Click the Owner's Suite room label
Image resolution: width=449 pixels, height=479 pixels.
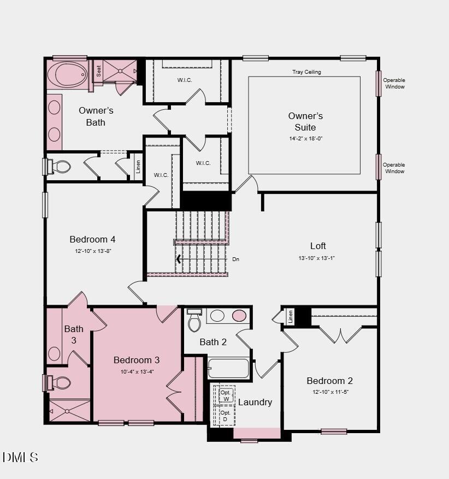click(305, 121)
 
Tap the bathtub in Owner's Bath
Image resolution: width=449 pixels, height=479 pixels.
click(68, 74)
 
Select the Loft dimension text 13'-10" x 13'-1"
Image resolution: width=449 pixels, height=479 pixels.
click(316, 258)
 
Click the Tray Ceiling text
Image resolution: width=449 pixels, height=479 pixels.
click(306, 72)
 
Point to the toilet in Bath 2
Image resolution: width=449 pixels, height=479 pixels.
click(194, 322)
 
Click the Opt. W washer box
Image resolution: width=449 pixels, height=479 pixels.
click(226, 395)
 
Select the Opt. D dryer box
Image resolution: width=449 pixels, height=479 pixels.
click(226, 416)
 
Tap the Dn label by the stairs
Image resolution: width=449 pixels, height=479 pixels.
click(236, 259)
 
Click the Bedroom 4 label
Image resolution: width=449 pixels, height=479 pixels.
click(92, 239)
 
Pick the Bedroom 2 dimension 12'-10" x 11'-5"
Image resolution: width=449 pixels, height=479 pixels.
click(330, 392)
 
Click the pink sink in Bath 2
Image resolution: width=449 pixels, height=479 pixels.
click(239, 315)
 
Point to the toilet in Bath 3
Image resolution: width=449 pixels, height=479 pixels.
click(59, 382)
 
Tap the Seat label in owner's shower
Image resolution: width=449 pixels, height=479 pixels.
click(99, 70)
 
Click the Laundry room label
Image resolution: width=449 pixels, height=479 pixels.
click(255, 402)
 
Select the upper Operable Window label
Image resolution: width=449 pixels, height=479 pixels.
click(394, 84)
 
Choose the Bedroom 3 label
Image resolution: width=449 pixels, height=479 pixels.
click(137, 360)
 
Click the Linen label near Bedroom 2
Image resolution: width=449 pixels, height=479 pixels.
click(290, 316)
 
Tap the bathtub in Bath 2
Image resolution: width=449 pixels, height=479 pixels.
click(228, 369)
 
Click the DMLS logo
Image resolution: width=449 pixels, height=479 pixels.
click(20, 457)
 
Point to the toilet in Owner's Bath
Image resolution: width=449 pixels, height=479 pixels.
click(60, 167)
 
